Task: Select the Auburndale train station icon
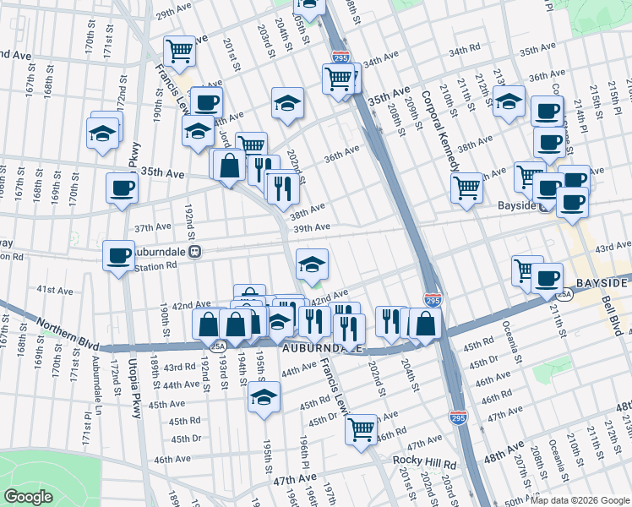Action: [x=195, y=251]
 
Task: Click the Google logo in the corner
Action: [x=28, y=497]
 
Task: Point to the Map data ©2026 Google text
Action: [x=579, y=500]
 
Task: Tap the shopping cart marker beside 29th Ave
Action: [x=179, y=52]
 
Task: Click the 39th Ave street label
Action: [x=311, y=228]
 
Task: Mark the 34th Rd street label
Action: [x=464, y=52]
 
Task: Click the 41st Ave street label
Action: [x=54, y=289]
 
